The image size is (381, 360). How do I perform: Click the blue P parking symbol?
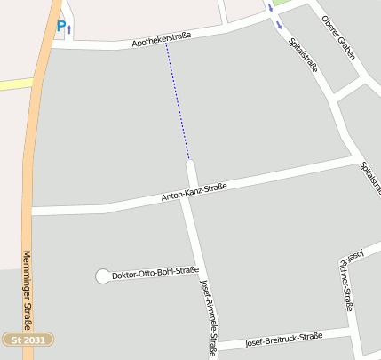(61, 27)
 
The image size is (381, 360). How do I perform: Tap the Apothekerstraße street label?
(163, 39)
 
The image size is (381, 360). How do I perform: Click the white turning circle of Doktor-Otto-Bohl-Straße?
(102, 276)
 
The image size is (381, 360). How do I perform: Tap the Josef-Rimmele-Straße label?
(210, 316)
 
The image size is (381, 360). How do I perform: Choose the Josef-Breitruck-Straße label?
(282, 339)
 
